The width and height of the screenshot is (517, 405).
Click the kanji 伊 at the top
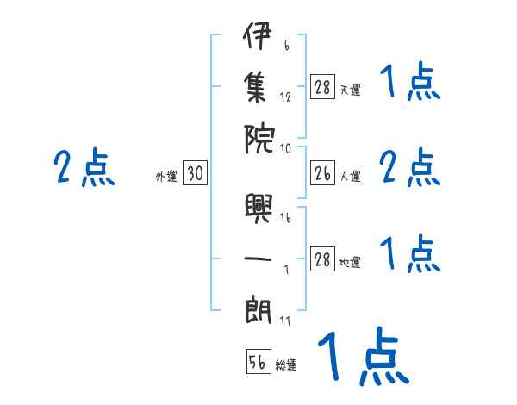258,35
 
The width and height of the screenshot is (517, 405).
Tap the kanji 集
255,88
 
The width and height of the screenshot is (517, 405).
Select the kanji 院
258,140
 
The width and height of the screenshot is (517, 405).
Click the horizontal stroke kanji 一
258,259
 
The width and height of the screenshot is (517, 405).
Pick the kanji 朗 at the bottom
258,310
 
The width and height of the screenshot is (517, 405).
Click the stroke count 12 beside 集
285,97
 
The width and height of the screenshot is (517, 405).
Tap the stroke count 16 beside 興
285,217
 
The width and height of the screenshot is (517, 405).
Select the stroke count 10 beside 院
285,149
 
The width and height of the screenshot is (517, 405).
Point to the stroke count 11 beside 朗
285,321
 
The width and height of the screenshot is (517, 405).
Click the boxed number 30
196,172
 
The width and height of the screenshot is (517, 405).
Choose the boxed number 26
322,172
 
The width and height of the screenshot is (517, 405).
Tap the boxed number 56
258,361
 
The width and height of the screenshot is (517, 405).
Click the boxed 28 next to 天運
322,86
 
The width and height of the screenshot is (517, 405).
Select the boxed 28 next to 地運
322,259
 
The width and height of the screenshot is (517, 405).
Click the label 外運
166,177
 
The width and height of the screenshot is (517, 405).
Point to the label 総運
286,364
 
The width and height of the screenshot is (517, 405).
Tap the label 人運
351,176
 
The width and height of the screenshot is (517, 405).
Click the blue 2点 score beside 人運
410,167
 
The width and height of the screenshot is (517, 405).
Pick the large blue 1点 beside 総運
364,356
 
